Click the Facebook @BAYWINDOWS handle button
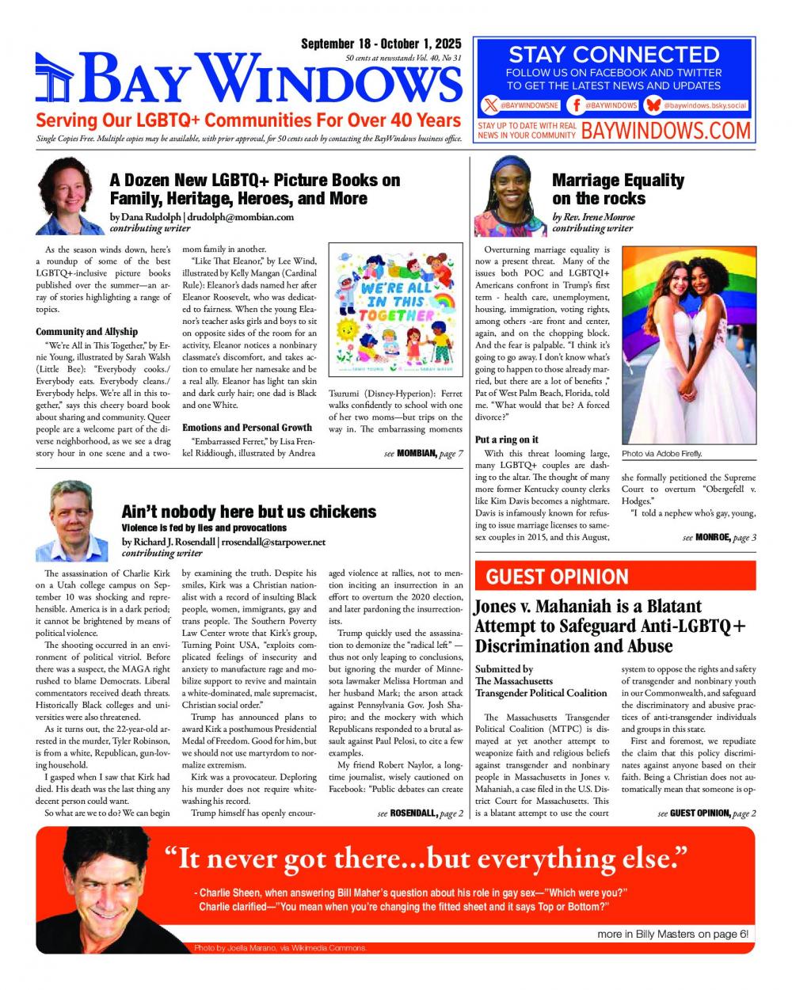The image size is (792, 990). (x=605, y=105)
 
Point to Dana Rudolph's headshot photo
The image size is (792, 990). (x=65, y=195)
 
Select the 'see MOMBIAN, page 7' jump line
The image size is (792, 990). (x=423, y=454)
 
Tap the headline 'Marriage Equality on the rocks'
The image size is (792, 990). (x=617, y=189)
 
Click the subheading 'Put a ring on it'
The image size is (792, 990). (x=507, y=440)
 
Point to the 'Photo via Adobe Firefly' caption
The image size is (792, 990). (x=662, y=454)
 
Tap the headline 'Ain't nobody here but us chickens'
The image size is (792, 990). (x=249, y=512)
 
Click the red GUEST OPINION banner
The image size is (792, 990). (x=615, y=576)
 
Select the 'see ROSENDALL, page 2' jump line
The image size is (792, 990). (x=421, y=813)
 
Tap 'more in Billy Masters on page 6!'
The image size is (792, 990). (x=672, y=934)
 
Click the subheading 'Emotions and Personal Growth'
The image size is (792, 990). (x=247, y=428)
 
